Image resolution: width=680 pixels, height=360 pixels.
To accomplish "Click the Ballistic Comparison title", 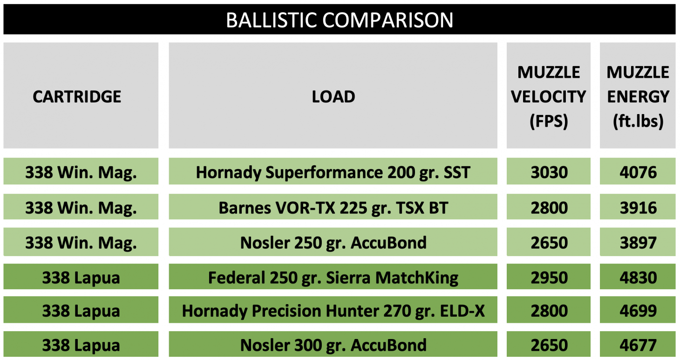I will coord(340,20).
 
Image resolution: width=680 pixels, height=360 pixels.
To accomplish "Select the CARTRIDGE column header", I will coord(77,96).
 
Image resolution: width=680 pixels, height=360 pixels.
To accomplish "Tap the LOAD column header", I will coord(333,96).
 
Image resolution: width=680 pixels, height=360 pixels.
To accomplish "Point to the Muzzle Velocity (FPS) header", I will coord(549,96).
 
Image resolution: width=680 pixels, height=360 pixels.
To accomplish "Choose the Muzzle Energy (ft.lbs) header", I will coord(638,96).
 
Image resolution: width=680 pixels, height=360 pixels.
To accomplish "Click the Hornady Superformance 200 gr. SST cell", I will coord(333,172).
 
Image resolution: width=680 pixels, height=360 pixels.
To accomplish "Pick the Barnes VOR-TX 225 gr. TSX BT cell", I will coord(333,208).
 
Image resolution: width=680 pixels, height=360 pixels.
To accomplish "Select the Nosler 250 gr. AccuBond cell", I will coord(333,243).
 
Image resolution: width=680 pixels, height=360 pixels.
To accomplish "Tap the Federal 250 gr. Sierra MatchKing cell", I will coord(333,278).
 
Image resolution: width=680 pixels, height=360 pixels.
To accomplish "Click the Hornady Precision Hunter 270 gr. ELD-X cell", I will coord(333,311).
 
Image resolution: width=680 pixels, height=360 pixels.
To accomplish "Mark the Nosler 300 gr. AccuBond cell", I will coord(333,345).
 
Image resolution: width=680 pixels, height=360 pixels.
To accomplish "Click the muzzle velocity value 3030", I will coord(549,172).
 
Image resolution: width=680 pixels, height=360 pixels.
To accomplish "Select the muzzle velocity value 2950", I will coord(549,278).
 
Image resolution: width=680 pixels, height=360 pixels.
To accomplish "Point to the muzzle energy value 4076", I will coord(638,172).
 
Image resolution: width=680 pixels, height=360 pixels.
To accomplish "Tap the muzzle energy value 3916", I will coord(638,208).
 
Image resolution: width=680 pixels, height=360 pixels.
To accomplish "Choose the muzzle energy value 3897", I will coord(638,243).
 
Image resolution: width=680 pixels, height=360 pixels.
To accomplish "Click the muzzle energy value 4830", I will coord(638,278).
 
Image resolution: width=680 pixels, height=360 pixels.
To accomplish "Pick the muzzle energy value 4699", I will coord(638,311).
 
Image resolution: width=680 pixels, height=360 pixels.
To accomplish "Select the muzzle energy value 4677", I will coord(638,345).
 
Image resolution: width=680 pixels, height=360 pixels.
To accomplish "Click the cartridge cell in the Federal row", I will coord(81,278).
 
